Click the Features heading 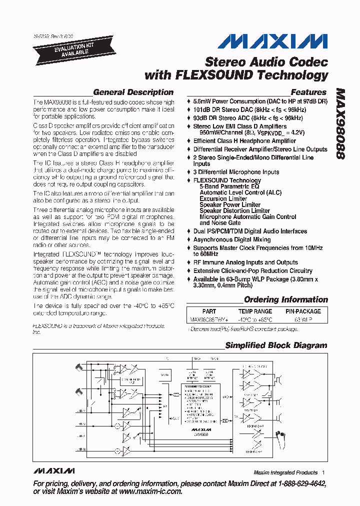308,92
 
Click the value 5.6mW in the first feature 202,100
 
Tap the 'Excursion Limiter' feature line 223,198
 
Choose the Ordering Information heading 285,300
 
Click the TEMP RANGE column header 255,311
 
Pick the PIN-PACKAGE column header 303,311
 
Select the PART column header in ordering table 209,311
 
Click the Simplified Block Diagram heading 276,345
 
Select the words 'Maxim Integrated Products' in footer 285,472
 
